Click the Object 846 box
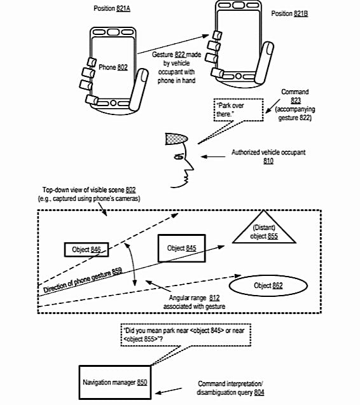[x=87, y=249]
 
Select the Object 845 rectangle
[x=182, y=248]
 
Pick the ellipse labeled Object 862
[x=268, y=285]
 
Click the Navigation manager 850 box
[x=115, y=382]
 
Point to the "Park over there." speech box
[x=239, y=110]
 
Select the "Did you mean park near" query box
[x=186, y=334]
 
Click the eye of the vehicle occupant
[x=179, y=156]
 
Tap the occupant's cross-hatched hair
[x=176, y=139]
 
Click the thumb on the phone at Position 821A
[x=139, y=89]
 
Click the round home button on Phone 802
[x=113, y=103]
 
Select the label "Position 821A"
[x=112, y=8]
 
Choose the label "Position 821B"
[x=289, y=13]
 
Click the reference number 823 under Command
[x=296, y=100]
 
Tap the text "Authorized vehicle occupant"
[x=268, y=153]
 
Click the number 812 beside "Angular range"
[x=214, y=298]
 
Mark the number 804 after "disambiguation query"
[x=259, y=392]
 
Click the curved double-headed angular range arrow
[x=131, y=264]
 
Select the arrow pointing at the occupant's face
[x=213, y=156]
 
